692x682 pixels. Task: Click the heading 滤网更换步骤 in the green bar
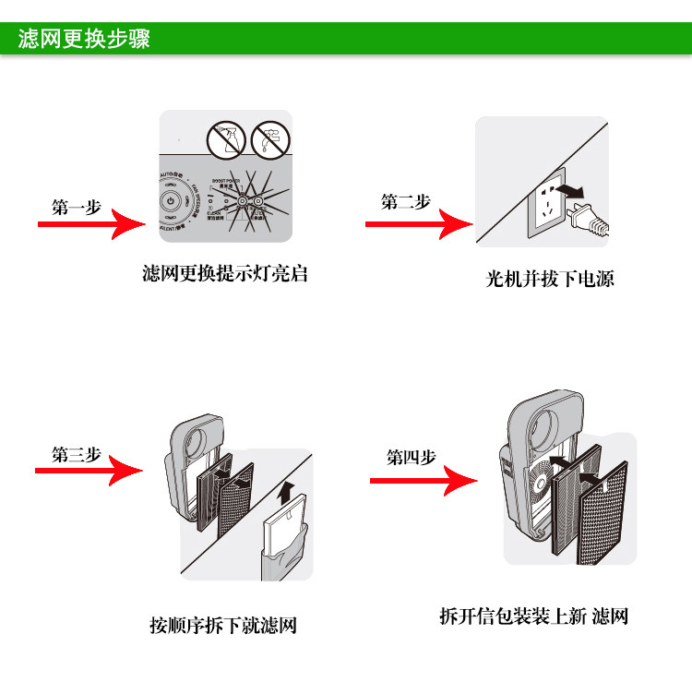pos(84,41)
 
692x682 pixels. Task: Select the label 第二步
pos(406,202)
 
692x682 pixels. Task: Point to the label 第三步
pos(77,454)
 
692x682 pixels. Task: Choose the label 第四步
pos(411,458)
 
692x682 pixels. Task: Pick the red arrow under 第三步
pos(89,472)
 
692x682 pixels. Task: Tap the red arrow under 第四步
pos(424,481)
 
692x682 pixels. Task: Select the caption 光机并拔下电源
pos(550,278)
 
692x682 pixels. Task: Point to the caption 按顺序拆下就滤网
pos(223,625)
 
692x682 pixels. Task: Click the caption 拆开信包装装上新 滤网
pos(534,616)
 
